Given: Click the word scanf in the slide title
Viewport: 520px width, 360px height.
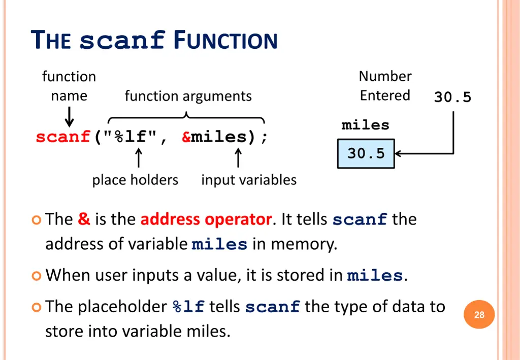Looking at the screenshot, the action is [122, 41].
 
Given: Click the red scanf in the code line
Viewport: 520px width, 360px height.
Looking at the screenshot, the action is [63, 137].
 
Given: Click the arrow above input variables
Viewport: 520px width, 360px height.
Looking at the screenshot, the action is [238, 157].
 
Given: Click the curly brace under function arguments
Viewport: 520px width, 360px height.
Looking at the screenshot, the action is [186, 118].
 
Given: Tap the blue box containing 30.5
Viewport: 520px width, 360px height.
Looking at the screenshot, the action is [366, 153].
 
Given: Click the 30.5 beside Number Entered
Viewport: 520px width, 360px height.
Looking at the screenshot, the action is [452, 97].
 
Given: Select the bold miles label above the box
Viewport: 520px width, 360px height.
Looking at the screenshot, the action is [365, 125].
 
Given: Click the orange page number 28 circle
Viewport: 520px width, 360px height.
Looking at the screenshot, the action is [479, 315].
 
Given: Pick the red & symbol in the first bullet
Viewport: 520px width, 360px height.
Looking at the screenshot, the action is [84, 219].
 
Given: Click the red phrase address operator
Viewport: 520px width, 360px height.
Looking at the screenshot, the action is [206, 219].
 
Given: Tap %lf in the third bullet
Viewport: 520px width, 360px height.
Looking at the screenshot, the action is [188, 307].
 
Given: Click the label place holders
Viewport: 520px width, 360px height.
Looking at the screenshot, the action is [135, 180].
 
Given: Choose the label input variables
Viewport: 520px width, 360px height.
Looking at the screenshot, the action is [249, 180].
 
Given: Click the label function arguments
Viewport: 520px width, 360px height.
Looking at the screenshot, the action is [188, 96].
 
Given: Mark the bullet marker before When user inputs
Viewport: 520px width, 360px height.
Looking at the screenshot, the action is [36, 276].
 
